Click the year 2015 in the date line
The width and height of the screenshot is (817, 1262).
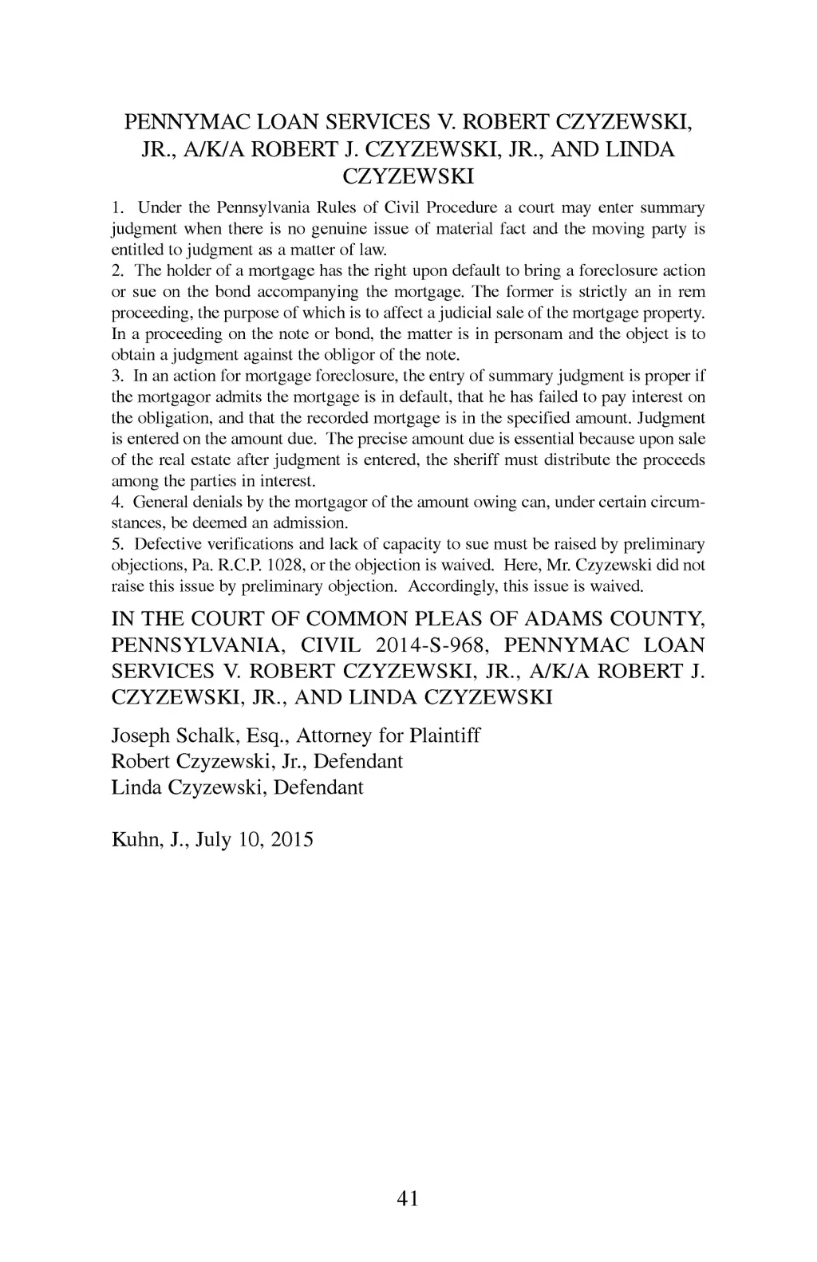291,839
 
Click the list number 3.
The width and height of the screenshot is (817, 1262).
116,376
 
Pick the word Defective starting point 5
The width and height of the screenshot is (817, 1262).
166,544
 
